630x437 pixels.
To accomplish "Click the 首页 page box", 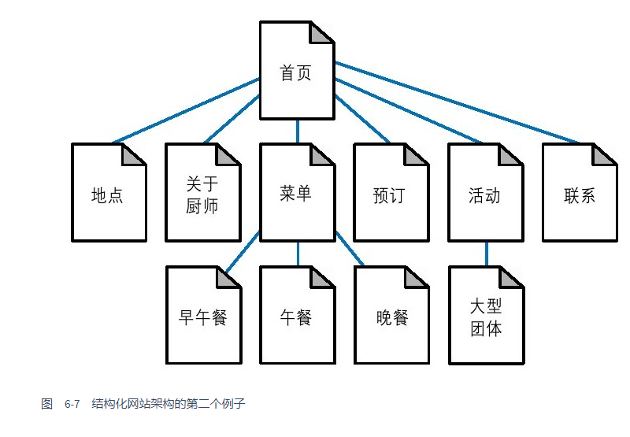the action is coord(298,70).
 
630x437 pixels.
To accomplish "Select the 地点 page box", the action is coord(109,192).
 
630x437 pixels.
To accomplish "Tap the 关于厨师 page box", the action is coord(203,192).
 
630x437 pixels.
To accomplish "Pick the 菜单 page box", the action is coord(298,192).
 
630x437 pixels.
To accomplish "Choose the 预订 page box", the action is coord(391,192).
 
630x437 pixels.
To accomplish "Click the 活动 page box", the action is coord(486,192).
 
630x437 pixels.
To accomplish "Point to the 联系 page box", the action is coord(580,192).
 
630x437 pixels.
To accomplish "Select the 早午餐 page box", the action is coord(204,315).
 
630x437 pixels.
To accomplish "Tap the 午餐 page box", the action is coord(298,315).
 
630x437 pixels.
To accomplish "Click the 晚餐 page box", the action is coord(391,315).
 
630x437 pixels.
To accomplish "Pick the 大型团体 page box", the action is coord(487,315).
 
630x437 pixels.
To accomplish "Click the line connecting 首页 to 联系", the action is coord(457,103).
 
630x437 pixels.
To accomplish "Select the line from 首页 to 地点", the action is coord(187,111).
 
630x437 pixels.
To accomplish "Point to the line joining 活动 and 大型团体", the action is coord(487,254).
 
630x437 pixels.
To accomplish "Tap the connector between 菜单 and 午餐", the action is coord(298,254).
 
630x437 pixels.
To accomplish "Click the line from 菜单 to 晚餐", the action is coord(350,249).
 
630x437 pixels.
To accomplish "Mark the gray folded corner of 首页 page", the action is coord(320,34).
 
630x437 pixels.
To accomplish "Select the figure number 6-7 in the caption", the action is coord(72,404).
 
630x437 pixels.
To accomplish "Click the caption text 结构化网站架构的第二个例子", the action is coord(169,404).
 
